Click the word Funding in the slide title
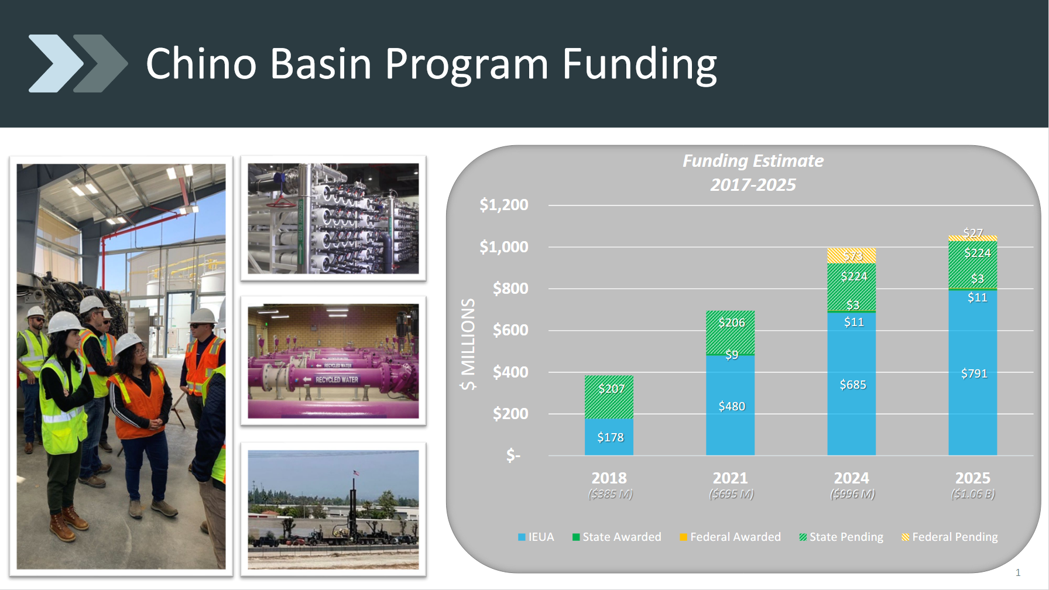point(639,64)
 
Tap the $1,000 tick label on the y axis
point(503,247)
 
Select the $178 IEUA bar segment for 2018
point(609,437)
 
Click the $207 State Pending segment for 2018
point(609,397)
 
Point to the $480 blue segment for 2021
point(730,405)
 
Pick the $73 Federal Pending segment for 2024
point(851,255)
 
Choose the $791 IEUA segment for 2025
point(972,373)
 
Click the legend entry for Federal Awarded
point(730,537)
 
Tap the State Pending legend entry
point(841,537)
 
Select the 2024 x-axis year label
point(851,478)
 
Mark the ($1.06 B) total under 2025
point(973,494)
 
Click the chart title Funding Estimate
point(753,161)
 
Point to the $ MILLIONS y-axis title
point(468,344)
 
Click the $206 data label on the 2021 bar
point(732,323)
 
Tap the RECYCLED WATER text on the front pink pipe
point(337,380)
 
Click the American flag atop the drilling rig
point(356,472)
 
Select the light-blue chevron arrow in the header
point(56,63)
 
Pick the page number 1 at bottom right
point(1018,572)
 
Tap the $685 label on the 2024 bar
point(853,385)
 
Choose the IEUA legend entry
point(536,537)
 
